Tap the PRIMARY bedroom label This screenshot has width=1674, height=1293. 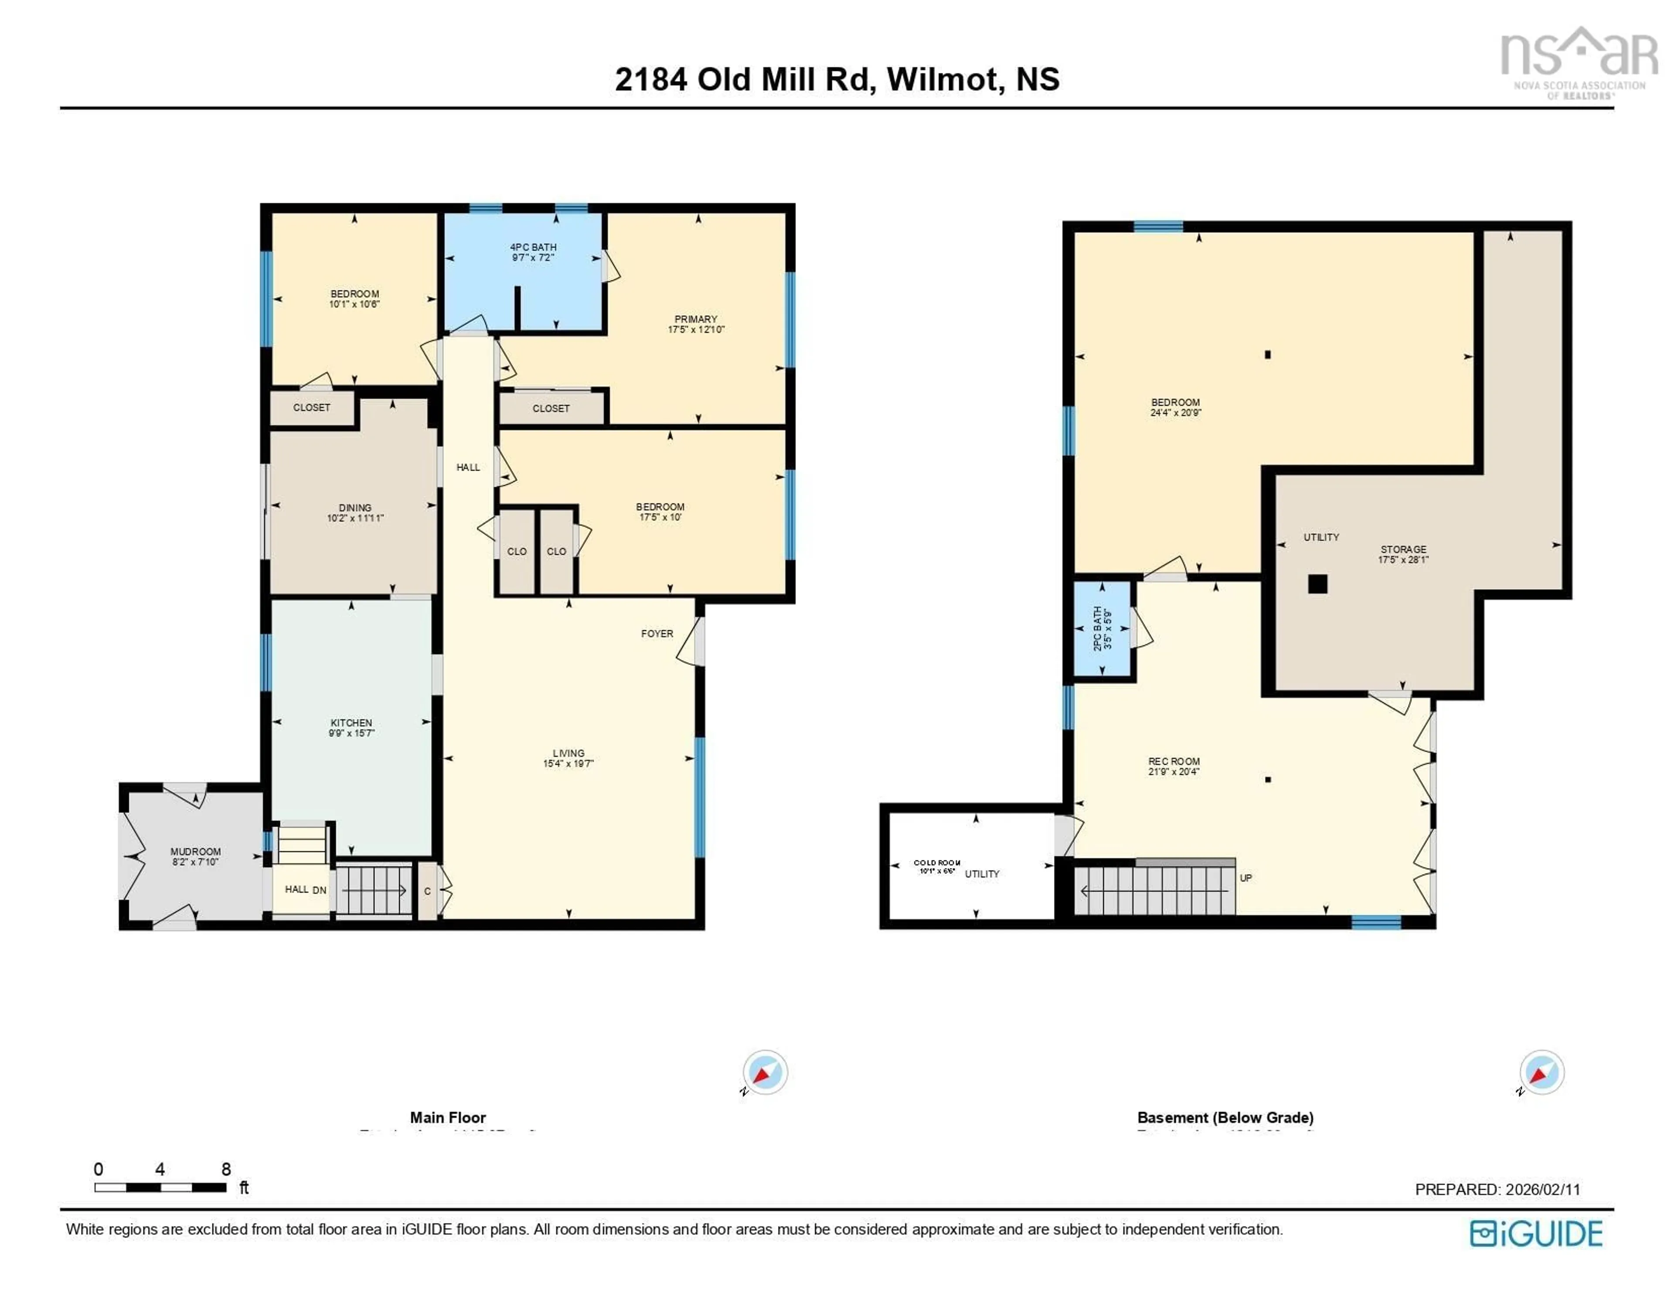(x=695, y=319)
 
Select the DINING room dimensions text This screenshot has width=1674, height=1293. (x=355, y=518)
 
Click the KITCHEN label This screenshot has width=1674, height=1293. (x=351, y=723)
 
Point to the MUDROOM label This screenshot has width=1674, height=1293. (x=195, y=852)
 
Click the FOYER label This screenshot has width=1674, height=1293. (x=657, y=633)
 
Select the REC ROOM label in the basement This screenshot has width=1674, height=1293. (x=1174, y=762)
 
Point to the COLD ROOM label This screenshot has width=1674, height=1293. (x=937, y=862)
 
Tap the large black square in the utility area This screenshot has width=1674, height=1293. (x=1317, y=584)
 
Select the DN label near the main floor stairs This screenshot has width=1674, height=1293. (x=320, y=890)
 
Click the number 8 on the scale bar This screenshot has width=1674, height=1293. (x=226, y=1169)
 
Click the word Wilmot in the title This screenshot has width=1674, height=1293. (x=943, y=79)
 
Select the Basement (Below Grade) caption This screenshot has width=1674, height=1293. (x=1225, y=1117)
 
